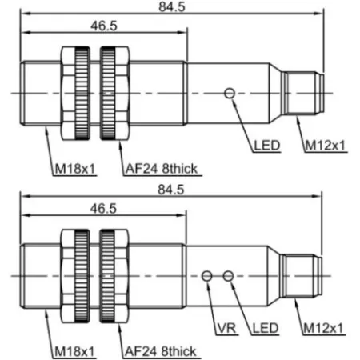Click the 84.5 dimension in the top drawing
(172, 6)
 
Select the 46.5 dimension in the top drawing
(104, 26)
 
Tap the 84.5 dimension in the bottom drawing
(171, 190)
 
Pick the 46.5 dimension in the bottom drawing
(103, 209)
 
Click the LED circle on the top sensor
(230, 94)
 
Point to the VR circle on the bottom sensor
(207, 276)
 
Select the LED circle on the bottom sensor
(228, 276)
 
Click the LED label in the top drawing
(267, 146)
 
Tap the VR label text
(226, 328)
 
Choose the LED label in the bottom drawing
(266, 328)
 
